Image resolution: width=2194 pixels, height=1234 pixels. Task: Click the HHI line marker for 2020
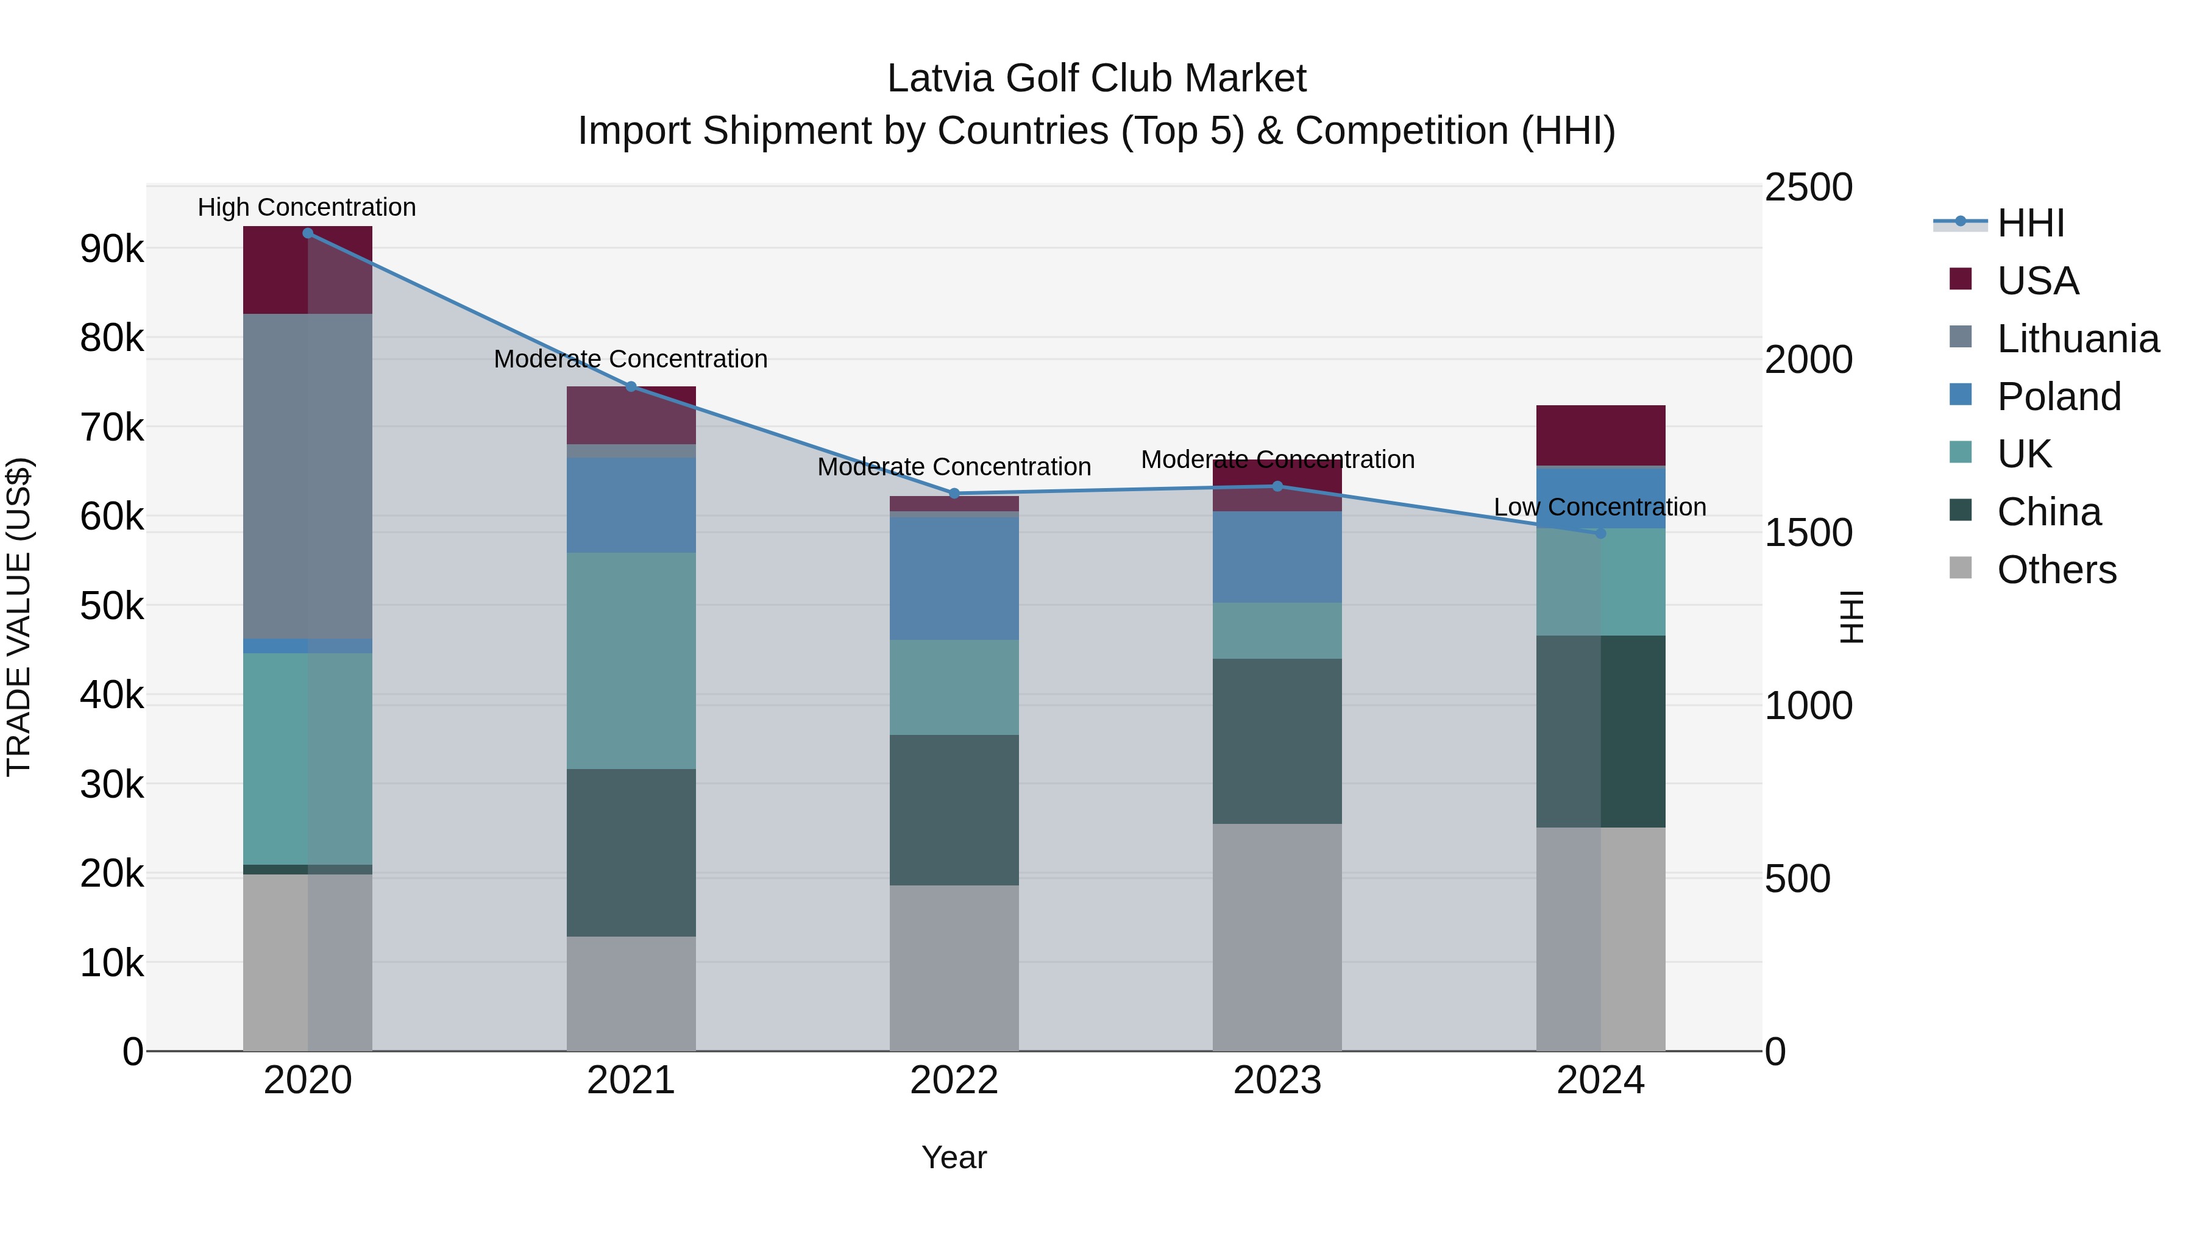(308, 233)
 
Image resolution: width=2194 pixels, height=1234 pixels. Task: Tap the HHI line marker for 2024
(1600, 534)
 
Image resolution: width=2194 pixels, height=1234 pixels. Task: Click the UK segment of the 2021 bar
(631, 661)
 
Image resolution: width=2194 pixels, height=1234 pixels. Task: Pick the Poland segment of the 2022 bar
(954, 578)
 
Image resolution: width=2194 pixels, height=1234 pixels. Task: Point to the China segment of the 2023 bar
(1277, 741)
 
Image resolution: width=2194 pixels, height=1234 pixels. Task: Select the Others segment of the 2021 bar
(631, 994)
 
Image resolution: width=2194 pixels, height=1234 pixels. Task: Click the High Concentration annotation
(307, 208)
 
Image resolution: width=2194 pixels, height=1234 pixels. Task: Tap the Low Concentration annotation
(1600, 508)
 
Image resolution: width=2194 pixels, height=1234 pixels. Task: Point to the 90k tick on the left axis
(112, 249)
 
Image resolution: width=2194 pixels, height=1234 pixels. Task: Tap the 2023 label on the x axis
(1277, 1080)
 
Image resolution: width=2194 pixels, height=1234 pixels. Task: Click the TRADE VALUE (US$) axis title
(20, 617)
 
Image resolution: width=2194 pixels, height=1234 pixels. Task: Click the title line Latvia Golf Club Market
(1096, 79)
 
